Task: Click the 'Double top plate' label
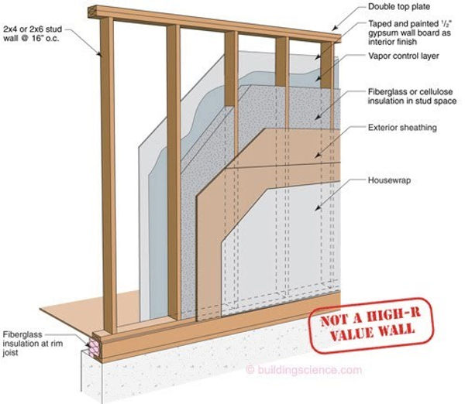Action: pos(399,6)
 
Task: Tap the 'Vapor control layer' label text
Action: pos(403,56)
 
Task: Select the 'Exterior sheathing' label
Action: pos(402,128)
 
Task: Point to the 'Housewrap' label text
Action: pos(389,180)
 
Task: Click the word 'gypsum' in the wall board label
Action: pos(383,33)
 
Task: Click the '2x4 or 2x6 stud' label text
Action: pos(33,29)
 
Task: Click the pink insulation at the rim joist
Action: pos(95,348)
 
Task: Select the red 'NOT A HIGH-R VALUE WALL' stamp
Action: pos(371,325)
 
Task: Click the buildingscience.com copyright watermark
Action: pos(305,370)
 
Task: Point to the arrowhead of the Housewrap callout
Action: pos(317,209)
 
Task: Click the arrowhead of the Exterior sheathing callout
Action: pos(317,156)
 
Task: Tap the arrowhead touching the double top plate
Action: pos(334,29)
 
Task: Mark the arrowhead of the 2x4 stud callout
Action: pos(100,53)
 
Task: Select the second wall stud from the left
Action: pos(174,172)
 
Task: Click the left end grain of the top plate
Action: pos(94,12)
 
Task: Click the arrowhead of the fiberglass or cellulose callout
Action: pos(317,118)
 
